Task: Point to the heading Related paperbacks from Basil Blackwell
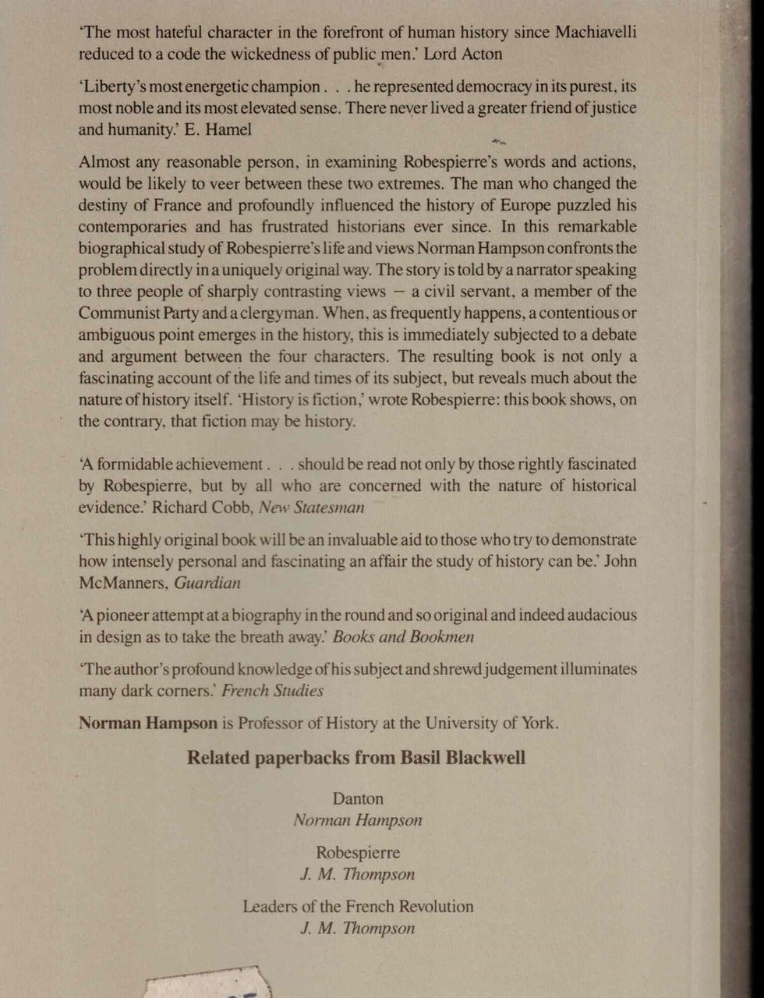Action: click(356, 758)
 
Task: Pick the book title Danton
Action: click(358, 799)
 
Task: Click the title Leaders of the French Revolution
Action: click(358, 907)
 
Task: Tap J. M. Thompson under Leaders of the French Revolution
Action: click(358, 929)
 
